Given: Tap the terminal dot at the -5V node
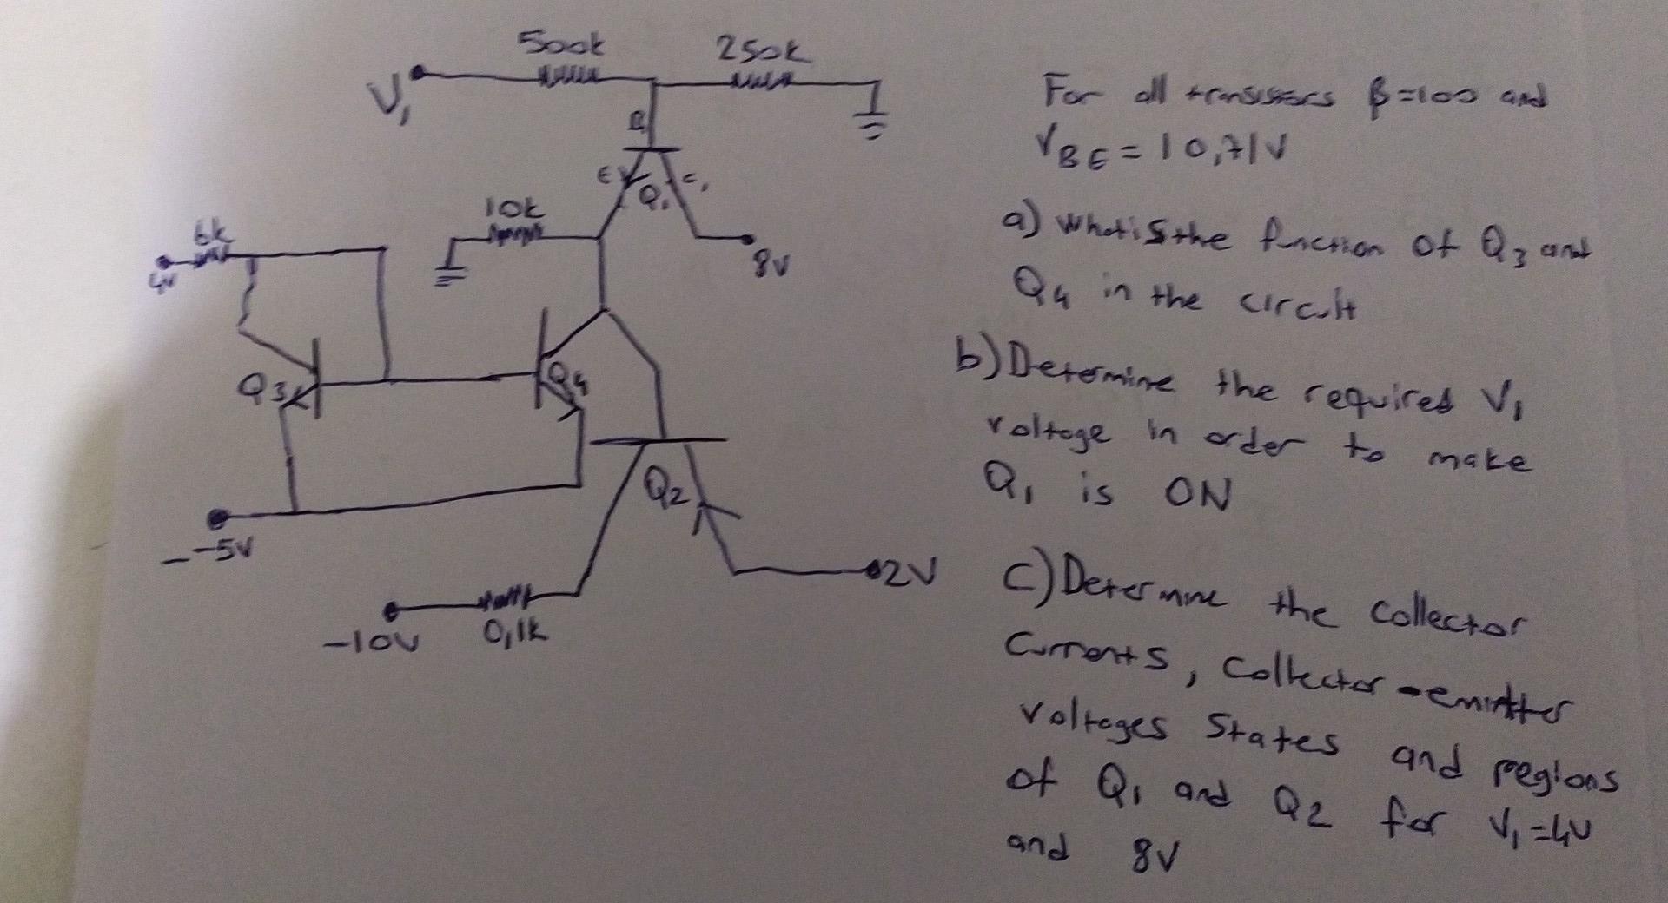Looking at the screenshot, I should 216,518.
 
